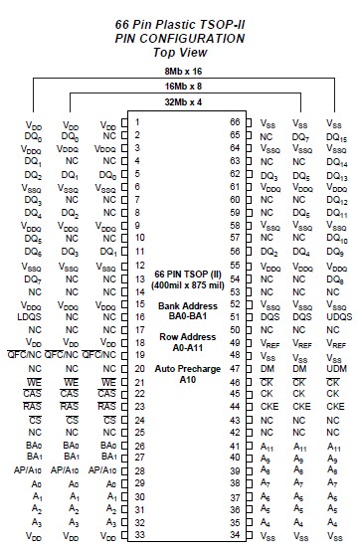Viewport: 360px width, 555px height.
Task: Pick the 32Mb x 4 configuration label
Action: (180, 102)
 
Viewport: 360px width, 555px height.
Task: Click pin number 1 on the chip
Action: (135, 122)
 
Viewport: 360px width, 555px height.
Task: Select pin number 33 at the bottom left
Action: (137, 534)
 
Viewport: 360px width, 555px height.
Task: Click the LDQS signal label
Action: (30, 315)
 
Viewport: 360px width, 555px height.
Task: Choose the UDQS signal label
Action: (336, 315)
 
